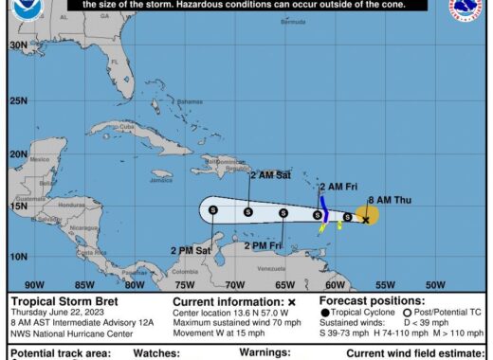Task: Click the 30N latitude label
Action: click(x=17, y=45)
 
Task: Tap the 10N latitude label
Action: click(x=17, y=256)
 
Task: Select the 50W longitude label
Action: click(x=435, y=283)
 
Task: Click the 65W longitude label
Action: click(x=284, y=283)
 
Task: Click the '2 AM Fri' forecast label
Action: click(x=337, y=186)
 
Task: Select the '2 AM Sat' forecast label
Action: click(x=270, y=174)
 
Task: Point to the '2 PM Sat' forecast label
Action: click(x=190, y=250)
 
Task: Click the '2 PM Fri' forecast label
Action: click(x=263, y=245)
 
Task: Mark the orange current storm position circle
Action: click(x=367, y=217)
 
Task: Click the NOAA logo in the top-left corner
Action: click(x=21, y=11)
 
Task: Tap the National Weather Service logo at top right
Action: click(x=471, y=11)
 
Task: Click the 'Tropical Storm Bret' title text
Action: click(x=57, y=301)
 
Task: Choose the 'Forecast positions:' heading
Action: click(x=364, y=301)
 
